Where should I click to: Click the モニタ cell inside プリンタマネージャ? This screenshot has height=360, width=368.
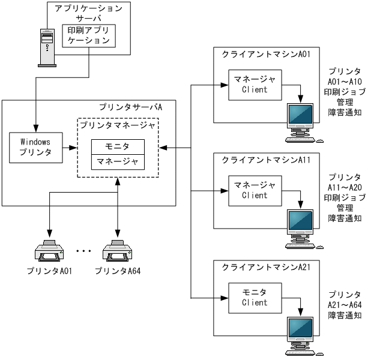(x=118, y=147)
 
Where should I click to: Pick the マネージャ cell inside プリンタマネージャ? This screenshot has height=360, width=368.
(x=118, y=162)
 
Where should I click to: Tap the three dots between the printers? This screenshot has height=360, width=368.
(x=83, y=250)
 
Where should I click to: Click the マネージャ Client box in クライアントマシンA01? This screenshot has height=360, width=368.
(x=255, y=85)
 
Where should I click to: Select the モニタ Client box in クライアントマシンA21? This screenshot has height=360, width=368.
(x=255, y=297)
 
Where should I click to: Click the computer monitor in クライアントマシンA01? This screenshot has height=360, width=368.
(x=300, y=120)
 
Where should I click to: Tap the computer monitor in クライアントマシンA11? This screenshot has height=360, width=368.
(x=300, y=226)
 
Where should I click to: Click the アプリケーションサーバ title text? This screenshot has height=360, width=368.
(x=88, y=13)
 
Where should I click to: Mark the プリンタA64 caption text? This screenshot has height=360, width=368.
(x=118, y=271)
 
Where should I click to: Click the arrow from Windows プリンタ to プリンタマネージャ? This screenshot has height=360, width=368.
(x=67, y=147)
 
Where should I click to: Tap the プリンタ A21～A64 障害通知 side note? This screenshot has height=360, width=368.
(x=345, y=305)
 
